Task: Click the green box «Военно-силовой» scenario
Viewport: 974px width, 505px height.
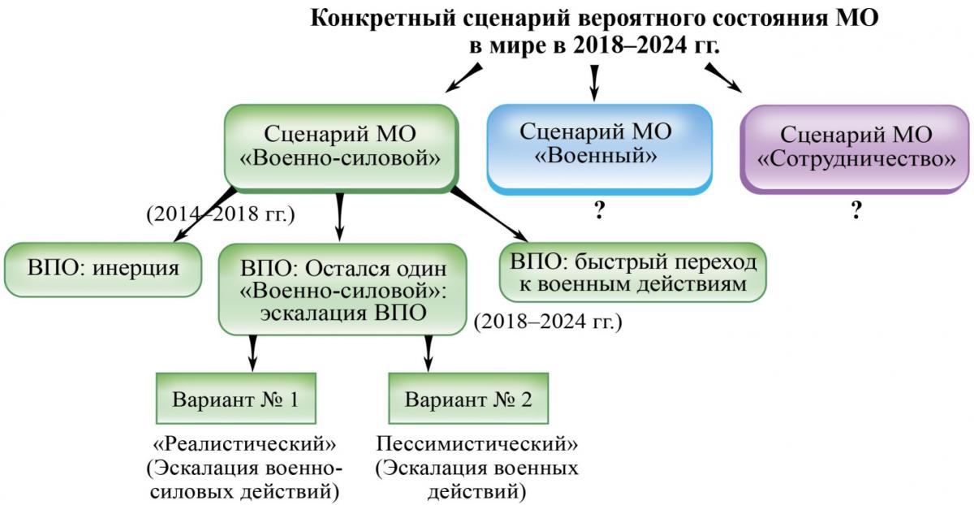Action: coord(341,148)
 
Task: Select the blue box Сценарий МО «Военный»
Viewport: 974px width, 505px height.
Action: coord(599,149)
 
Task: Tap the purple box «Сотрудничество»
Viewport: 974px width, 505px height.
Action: coord(855,149)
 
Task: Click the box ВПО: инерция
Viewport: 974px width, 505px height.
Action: coord(103,270)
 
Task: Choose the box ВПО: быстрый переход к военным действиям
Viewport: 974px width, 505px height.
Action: coord(632,272)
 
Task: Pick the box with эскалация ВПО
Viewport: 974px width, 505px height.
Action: coord(343,289)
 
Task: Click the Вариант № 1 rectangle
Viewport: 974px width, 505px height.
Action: coord(236,398)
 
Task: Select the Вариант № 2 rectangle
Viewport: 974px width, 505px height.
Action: coord(468,398)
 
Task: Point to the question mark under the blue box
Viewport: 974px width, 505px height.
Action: coord(599,210)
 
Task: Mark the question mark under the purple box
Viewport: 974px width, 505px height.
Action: coord(855,210)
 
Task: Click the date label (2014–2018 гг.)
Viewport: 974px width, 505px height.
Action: coord(221,214)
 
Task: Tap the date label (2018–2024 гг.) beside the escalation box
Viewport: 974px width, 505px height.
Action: coord(548,322)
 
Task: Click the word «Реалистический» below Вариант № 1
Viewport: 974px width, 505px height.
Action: coord(245,445)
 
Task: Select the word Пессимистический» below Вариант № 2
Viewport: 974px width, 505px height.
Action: coord(477,445)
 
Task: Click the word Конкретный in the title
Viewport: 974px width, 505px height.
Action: coord(382,19)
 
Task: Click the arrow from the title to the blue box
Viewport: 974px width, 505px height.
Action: coord(594,83)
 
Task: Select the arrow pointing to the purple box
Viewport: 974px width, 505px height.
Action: coord(723,77)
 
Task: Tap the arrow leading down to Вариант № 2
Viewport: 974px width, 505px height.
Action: coord(429,353)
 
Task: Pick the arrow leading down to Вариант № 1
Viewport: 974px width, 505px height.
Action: coord(252,353)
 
